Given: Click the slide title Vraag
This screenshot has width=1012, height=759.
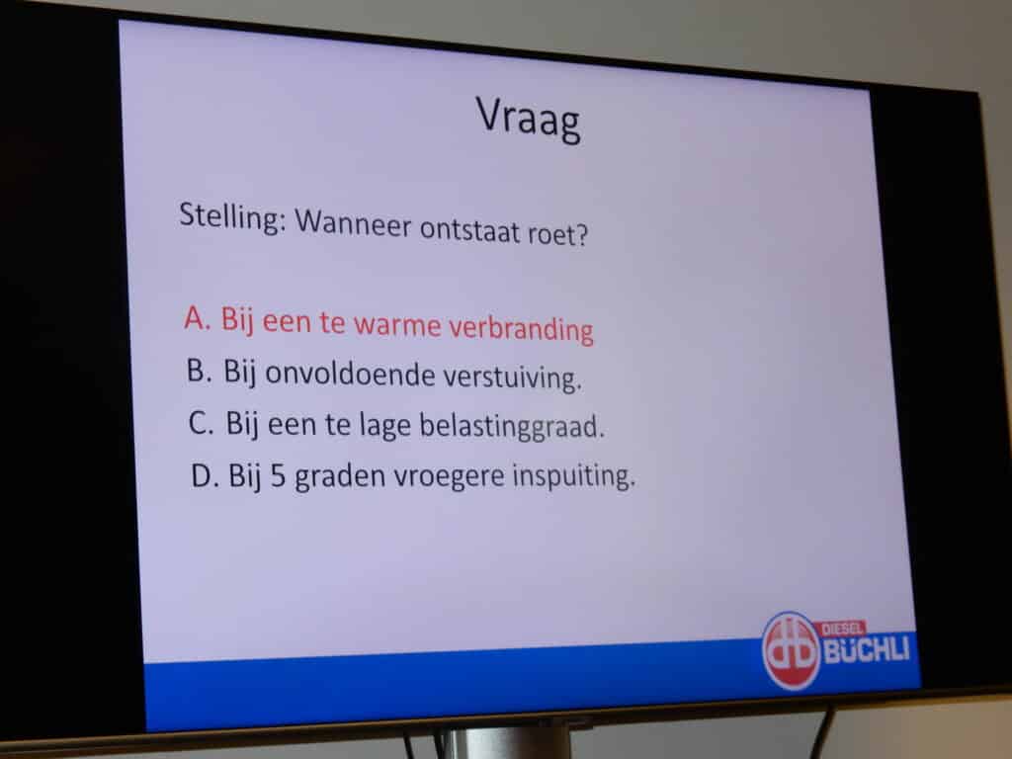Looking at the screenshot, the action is tap(529, 119).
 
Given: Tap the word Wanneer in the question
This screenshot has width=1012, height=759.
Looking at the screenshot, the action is tap(353, 223).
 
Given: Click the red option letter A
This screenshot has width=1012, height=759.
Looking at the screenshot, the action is tap(197, 317).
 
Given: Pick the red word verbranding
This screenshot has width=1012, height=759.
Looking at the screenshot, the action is tap(521, 328).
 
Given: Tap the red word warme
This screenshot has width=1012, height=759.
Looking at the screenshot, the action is tap(397, 324).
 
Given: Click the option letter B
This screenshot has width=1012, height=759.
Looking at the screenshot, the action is tap(200, 371).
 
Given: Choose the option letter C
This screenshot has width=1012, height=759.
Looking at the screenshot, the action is tap(201, 423).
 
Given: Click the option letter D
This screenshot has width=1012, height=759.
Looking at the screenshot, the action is tap(203, 475).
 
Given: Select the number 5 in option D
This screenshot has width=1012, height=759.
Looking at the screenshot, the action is tap(278, 476).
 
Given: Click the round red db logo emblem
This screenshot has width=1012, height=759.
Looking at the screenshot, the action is tap(792, 650).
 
